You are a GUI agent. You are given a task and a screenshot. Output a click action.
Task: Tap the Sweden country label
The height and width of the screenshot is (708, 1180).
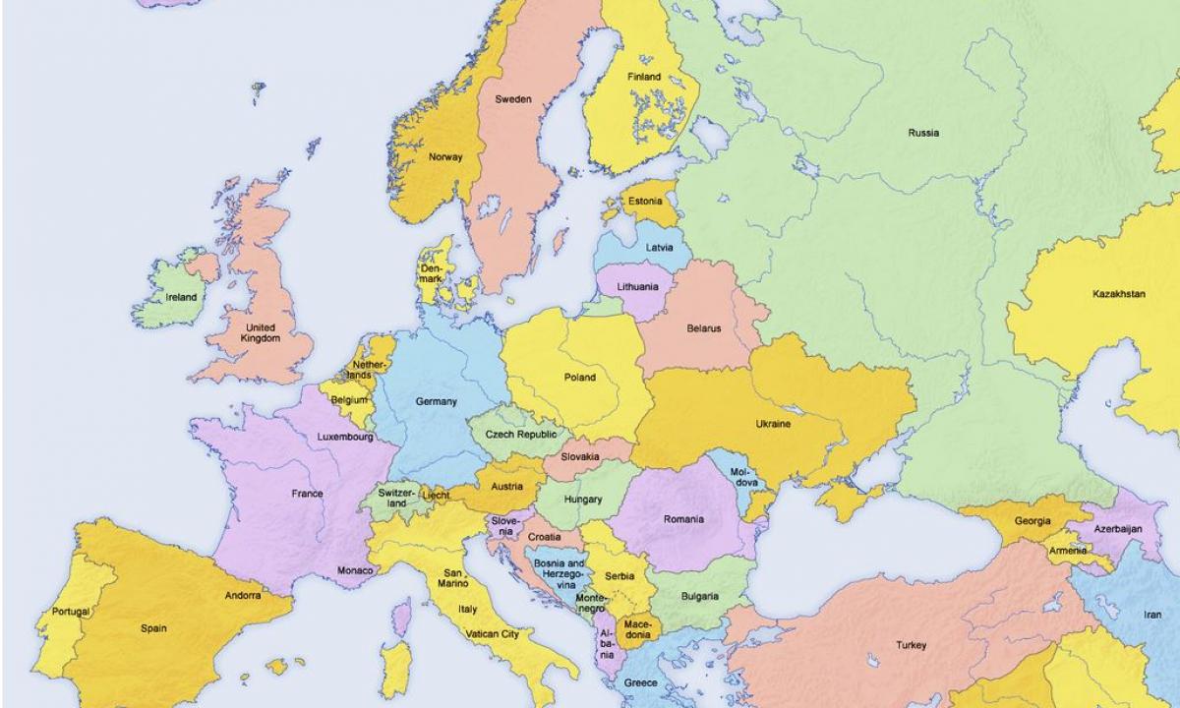click(x=512, y=99)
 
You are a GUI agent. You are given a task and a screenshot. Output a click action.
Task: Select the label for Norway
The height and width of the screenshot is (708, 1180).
click(x=444, y=157)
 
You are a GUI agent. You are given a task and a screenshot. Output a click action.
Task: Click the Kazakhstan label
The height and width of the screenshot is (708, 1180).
click(x=1118, y=294)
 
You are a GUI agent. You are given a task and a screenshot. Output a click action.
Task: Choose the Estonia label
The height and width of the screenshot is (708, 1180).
click(x=644, y=202)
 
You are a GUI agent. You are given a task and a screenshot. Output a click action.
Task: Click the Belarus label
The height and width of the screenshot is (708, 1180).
click(x=703, y=328)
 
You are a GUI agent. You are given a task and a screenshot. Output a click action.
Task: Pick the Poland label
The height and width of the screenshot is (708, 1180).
click(x=579, y=378)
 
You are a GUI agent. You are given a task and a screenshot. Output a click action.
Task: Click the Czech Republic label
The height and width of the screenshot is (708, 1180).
click(x=520, y=435)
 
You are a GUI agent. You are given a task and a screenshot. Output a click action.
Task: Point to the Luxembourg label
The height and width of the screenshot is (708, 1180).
click(x=344, y=437)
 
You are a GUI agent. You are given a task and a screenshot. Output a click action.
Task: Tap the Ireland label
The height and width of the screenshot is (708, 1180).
click(x=181, y=297)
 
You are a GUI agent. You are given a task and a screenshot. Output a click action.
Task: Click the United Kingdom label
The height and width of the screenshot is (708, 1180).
click(x=261, y=332)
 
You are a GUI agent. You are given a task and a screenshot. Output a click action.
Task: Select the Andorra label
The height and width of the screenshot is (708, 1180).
click(x=242, y=595)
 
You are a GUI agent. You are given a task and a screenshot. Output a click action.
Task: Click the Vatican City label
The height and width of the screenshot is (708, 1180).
click(x=493, y=635)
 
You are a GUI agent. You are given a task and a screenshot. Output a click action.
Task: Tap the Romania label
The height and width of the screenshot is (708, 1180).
click(x=682, y=519)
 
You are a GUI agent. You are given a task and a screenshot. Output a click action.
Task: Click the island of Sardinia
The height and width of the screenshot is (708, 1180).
click(x=395, y=669)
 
